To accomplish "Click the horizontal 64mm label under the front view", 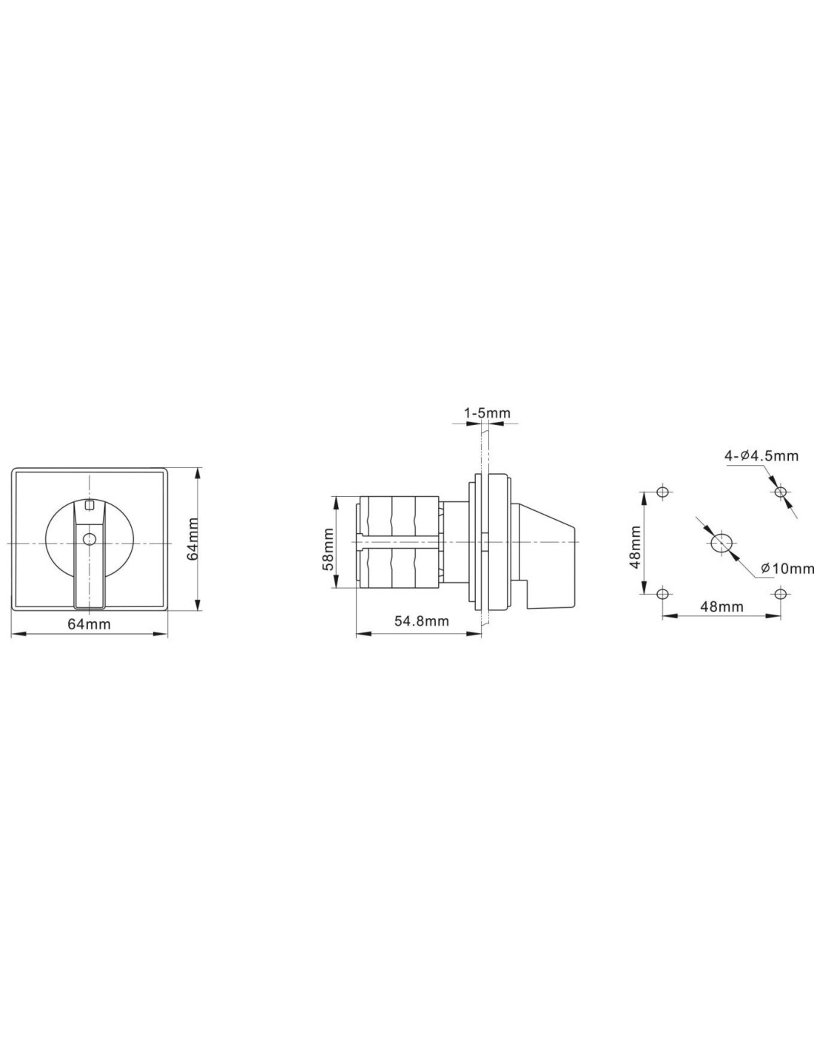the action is click(89, 624).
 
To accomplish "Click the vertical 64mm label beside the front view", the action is click(192, 538).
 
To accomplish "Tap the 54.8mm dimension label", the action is click(421, 621).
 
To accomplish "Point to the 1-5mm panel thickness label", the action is click(487, 413).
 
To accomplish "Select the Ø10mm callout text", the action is click(787, 568).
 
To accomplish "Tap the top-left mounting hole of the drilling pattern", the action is click(662, 492).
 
